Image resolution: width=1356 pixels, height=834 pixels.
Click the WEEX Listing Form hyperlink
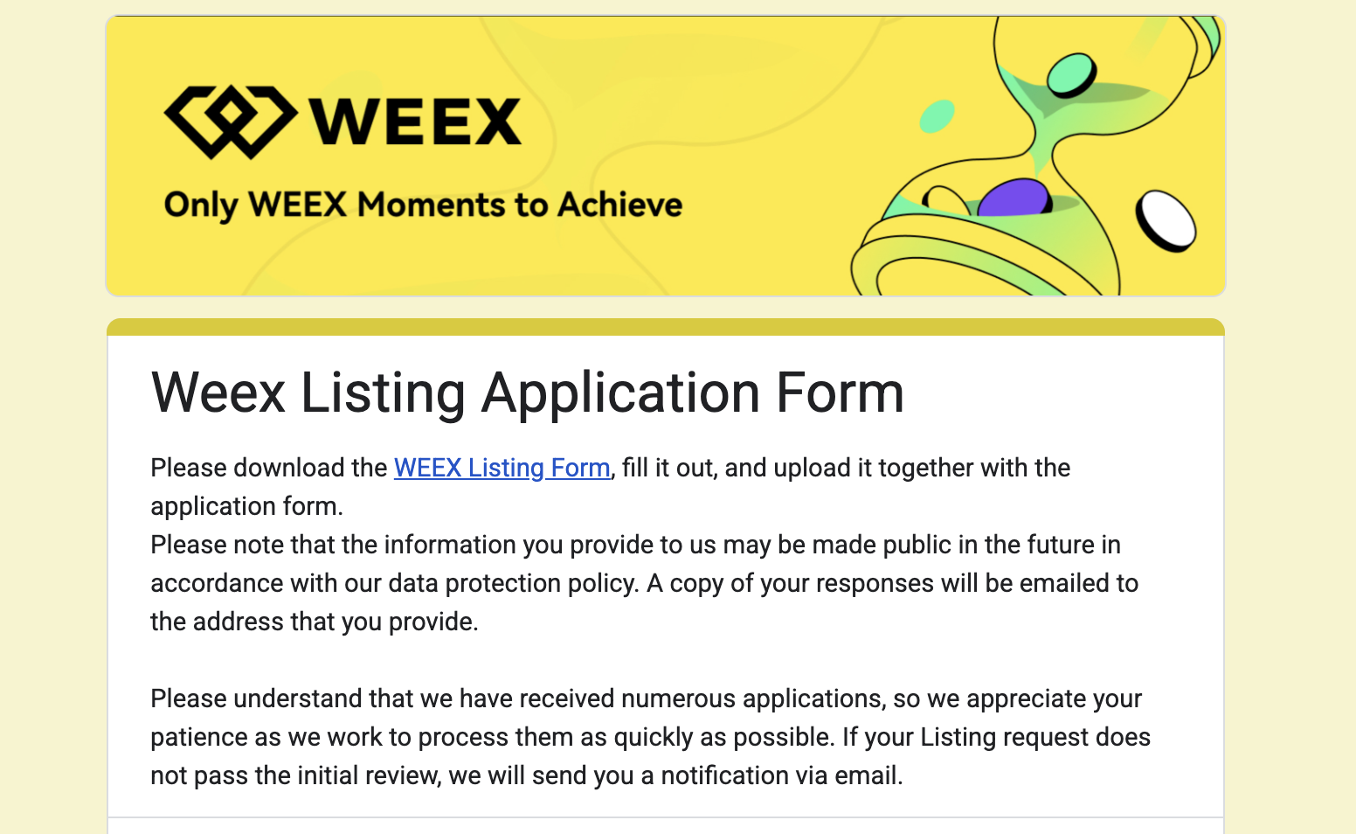[502, 469]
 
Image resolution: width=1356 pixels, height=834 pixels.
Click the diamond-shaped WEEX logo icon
[231, 122]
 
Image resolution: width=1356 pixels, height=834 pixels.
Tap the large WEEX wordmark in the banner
[415, 122]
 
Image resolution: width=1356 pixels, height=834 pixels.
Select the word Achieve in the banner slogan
[619, 204]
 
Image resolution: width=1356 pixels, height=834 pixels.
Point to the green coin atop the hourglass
[1071, 75]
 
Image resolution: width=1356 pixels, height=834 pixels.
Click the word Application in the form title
[620, 394]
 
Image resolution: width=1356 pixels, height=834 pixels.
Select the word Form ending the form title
[840, 393]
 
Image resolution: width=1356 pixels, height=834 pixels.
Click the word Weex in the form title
[218, 393]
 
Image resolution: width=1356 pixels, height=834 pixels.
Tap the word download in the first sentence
[310, 469]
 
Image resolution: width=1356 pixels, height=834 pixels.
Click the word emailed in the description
[1064, 583]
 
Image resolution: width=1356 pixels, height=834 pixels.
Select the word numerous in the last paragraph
[678, 699]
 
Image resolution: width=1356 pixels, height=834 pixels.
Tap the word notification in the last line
[744, 775]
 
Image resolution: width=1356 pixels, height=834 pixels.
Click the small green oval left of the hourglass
[937, 116]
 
